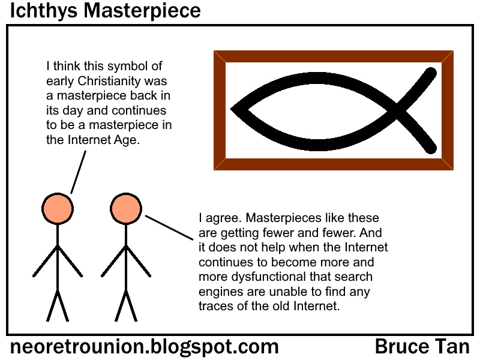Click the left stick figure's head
(58, 208)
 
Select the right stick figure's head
(125, 208)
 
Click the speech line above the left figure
(79, 171)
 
